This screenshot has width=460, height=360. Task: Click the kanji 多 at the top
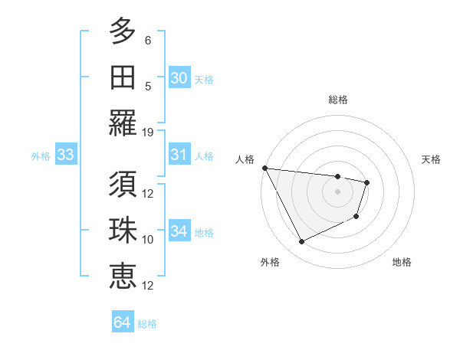tap(123, 33)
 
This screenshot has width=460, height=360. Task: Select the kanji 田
tap(123, 77)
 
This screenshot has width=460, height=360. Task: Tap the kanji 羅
tap(123, 123)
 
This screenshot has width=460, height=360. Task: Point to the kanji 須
tap(123, 184)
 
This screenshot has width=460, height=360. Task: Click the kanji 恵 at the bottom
tap(123, 275)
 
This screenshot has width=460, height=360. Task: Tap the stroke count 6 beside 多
tap(148, 41)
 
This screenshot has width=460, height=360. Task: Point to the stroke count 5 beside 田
tap(148, 87)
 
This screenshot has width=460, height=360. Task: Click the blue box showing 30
tap(179, 78)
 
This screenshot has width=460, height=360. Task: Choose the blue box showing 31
tap(179, 155)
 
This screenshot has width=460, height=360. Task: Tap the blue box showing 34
tap(179, 231)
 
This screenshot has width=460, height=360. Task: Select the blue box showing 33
tap(65, 155)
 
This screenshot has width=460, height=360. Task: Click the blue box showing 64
tap(122, 322)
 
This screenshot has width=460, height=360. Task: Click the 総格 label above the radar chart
tap(337, 100)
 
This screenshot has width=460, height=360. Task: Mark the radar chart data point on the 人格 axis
tap(264, 168)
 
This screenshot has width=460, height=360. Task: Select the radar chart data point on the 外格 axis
tap(301, 242)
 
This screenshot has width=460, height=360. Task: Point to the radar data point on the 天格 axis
tap(367, 182)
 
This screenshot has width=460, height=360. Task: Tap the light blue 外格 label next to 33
tap(41, 156)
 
